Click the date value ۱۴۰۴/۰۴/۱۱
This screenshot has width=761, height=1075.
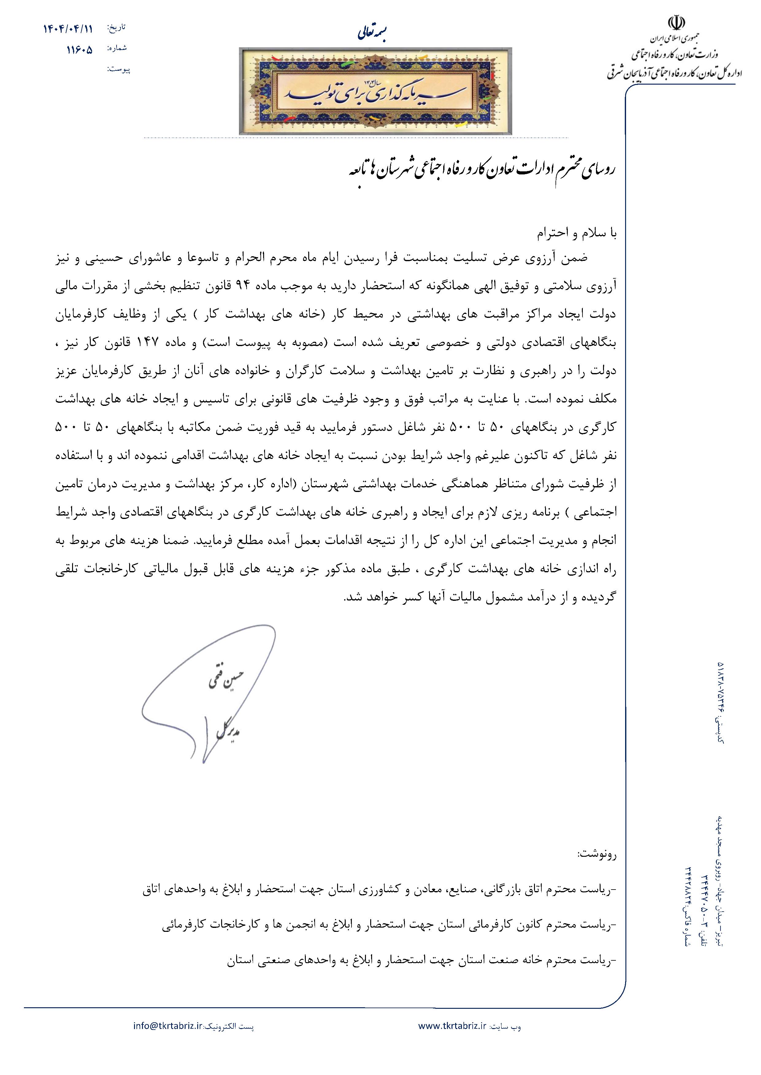tap(68, 29)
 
